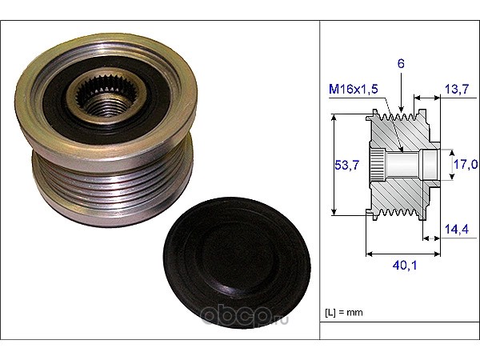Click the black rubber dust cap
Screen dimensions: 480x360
pyautogui.click(x=237, y=262)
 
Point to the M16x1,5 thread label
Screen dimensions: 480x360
pyautogui.click(x=354, y=89)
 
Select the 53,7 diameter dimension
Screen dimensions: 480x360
pyautogui.click(x=346, y=165)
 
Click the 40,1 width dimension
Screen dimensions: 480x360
pyautogui.click(x=405, y=266)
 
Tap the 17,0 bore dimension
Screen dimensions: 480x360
pyautogui.click(x=466, y=164)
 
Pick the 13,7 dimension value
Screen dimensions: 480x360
pyautogui.click(x=457, y=89)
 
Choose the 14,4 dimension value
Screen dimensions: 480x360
pyautogui.click(x=457, y=230)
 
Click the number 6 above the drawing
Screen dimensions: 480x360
pyautogui.click(x=401, y=64)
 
